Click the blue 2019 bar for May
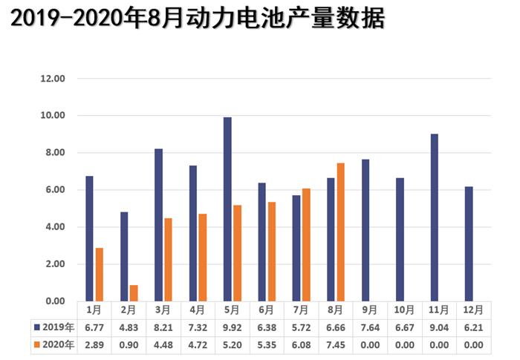coord(227,209)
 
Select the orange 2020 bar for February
coord(134,293)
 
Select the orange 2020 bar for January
coord(99,275)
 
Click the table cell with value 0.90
coord(129,344)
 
